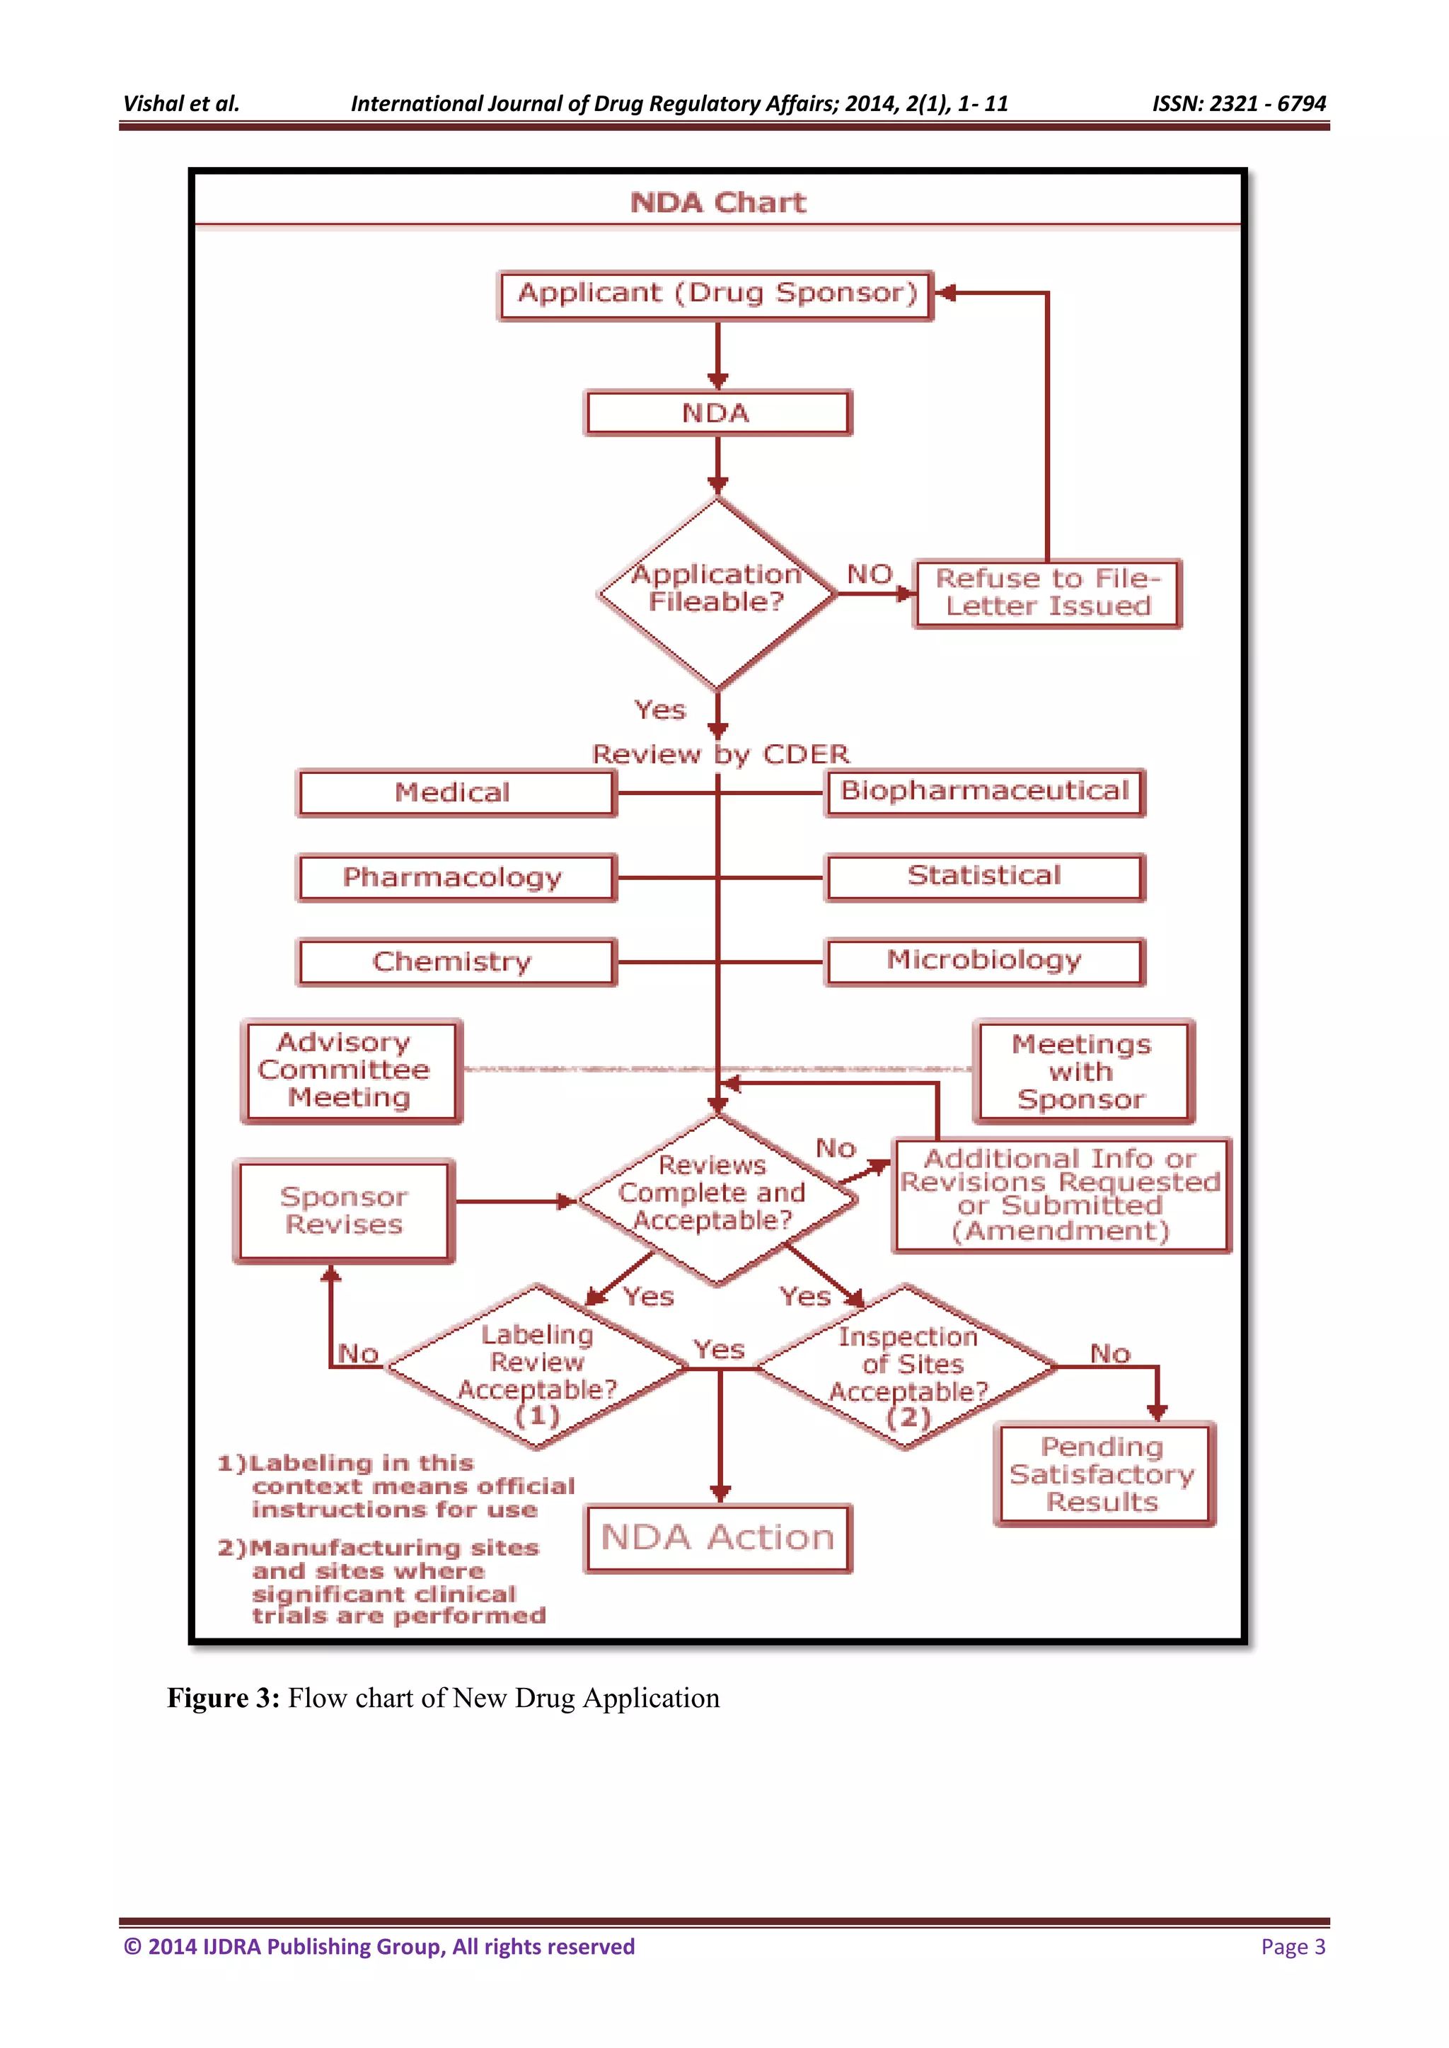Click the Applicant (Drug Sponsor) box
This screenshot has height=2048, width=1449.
[715, 295]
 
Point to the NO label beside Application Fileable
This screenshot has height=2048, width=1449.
[869, 574]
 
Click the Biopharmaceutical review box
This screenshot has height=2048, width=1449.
[984, 792]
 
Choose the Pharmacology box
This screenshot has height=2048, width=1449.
[455, 878]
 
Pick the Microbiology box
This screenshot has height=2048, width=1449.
[984, 961]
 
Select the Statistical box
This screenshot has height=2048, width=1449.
[984, 877]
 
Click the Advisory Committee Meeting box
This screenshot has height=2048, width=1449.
[351, 1070]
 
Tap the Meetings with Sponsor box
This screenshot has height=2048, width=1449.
[1083, 1071]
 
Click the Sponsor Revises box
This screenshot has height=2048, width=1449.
[344, 1210]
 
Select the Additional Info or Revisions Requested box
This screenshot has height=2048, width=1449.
[1061, 1196]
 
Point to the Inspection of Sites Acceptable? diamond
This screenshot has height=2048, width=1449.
[908, 1367]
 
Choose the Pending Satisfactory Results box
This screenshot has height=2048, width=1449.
[1104, 1474]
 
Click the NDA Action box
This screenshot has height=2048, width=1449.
[718, 1538]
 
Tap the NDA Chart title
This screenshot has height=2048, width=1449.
[717, 202]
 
